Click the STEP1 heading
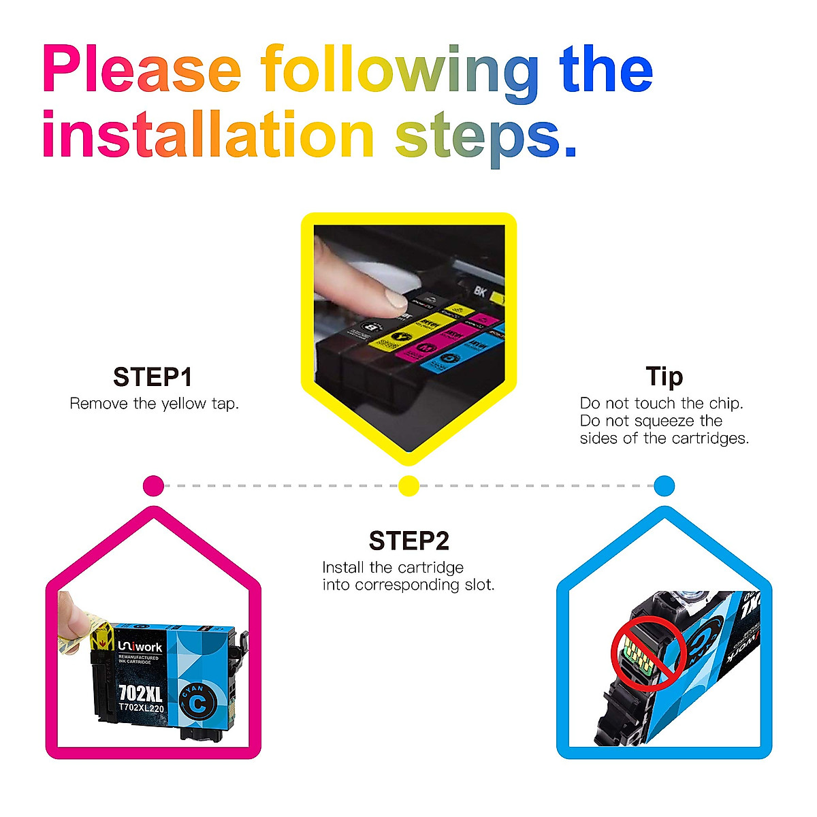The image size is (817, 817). pyautogui.click(x=153, y=377)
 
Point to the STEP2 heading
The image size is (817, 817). pyautogui.click(x=408, y=541)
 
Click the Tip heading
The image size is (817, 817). pyautogui.click(x=664, y=377)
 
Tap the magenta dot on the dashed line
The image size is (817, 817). pyautogui.click(x=154, y=486)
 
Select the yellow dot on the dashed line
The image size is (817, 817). pyautogui.click(x=408, y=486)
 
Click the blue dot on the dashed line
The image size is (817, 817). pyautogui.click(x=664, y=486)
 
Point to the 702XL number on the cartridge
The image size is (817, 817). pyautogui.click(x=140, y=693)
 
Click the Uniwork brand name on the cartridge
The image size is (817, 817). pyautogui.click(x=140, y=647)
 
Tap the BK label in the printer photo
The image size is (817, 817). pyautogui.click(x=480, y=291)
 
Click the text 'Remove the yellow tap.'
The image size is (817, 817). pyautogui.click(x=155, y=404)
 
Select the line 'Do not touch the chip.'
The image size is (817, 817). pyautogui.click(x=661, y=404)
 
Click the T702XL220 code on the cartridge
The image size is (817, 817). pyautogui.click(x=141, y=708)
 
